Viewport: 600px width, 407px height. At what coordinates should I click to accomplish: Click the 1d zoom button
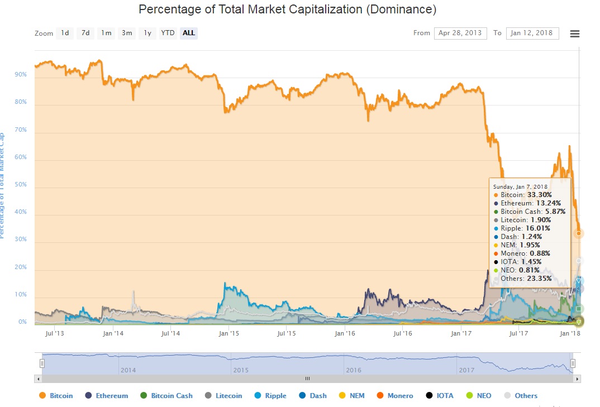65,33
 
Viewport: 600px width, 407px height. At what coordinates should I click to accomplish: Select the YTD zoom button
168,33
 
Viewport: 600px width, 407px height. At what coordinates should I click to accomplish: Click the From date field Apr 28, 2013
460,33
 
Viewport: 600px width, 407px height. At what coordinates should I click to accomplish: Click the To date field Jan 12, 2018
532,33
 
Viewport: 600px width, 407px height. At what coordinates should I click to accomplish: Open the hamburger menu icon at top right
574,33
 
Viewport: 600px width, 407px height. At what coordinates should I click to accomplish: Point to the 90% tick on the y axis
20,74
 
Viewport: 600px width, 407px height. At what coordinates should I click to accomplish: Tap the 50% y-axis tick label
20,184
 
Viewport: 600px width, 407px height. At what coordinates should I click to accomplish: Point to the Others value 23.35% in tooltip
539,278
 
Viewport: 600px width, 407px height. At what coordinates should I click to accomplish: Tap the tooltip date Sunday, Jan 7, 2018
520,186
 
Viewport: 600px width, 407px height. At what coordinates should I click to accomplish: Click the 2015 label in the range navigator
241,370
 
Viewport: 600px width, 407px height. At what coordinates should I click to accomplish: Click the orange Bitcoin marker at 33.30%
579,233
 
